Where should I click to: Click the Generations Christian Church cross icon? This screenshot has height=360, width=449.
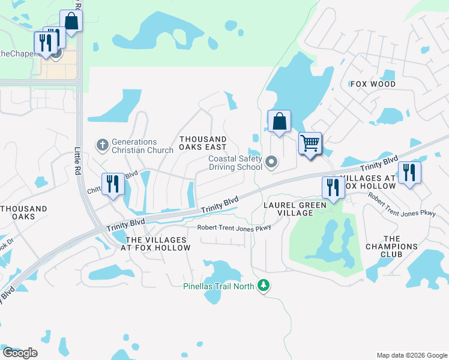102,145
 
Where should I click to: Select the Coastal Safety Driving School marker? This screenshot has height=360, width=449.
272,161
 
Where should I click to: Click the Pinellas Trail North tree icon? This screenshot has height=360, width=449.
262,286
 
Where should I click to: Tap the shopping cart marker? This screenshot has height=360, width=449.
310,144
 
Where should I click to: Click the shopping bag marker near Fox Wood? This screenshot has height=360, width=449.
279,122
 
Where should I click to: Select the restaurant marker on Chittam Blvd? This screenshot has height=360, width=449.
112,184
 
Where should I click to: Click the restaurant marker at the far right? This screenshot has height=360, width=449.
409,173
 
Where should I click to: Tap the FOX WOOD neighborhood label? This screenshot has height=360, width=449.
373,84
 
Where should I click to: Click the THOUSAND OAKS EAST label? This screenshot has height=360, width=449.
203,143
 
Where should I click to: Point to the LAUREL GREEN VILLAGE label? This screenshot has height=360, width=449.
295,209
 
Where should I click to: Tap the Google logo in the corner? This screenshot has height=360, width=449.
20,353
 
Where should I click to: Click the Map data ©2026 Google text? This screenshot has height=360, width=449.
411,355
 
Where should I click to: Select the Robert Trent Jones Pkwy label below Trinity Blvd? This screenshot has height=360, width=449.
235,227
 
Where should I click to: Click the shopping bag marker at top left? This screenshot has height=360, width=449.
71,22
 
